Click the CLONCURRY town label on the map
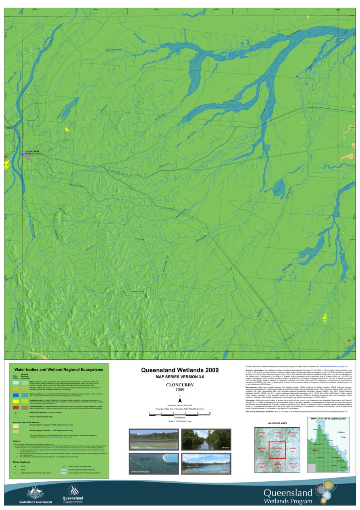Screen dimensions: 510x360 pyautogui.click(x=32, y=151)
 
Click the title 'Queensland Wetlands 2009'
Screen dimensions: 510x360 pyautogui.click(x=179, y=370)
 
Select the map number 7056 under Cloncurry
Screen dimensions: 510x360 pyautogui.click(x=180, y=390)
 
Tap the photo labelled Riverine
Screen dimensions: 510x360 pyautogui.click(x=206, y=440)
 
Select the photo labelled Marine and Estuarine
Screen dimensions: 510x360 pyautogui.click(x=153, y=464)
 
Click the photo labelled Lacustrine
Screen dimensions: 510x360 pyautogui.click(x=206, y=464)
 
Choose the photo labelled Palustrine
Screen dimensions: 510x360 pyautogui.click(x=153, y=440)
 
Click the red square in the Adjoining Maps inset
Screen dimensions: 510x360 pyautogui.click(x=277, y=450)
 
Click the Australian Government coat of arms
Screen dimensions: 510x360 pyautogui.click(x=35, y=493)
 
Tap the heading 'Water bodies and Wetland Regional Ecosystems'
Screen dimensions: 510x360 pyautogui.click(x=58, y=369)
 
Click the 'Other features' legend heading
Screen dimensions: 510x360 pyautogui.click(x=21, y=462)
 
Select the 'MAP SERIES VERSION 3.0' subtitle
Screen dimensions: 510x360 pyautogui.click(x=180, y=376)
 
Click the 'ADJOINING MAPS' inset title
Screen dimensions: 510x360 pyautogui.click(x=277, y=423)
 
